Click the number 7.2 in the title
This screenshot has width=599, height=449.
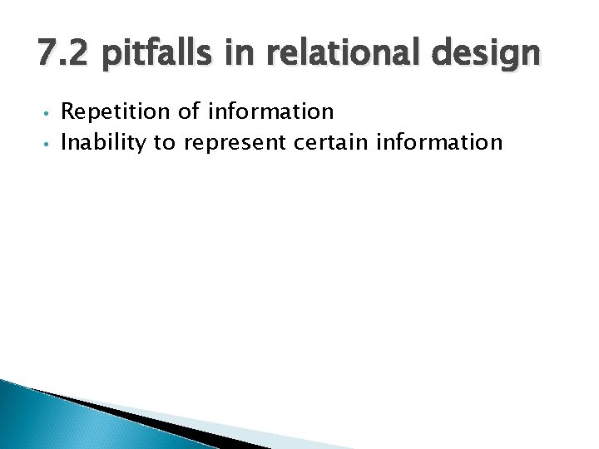click(62, 55)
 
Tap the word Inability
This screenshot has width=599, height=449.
click(102, 142)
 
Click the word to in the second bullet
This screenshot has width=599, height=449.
click(163, 142)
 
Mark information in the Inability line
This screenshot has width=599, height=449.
click(440, 142)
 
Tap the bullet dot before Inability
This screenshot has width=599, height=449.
click(48, 144)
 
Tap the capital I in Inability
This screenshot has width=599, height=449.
click(65, 142)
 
